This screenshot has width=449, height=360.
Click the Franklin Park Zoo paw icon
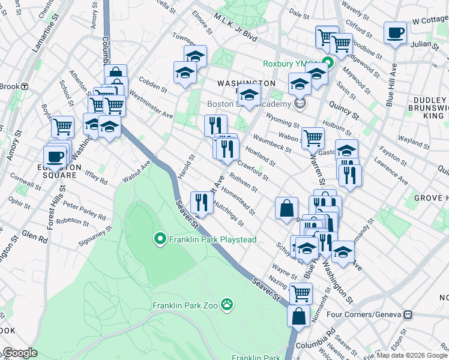point(227,305)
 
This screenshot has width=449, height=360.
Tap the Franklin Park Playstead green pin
point(160,239)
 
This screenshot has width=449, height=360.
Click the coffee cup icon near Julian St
point(395,34)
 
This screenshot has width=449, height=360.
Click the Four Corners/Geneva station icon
point(408,314)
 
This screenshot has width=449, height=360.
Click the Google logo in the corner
point(20,353)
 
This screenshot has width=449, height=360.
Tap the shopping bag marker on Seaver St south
point(298,316)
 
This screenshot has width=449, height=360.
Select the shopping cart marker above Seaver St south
point(300,293)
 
